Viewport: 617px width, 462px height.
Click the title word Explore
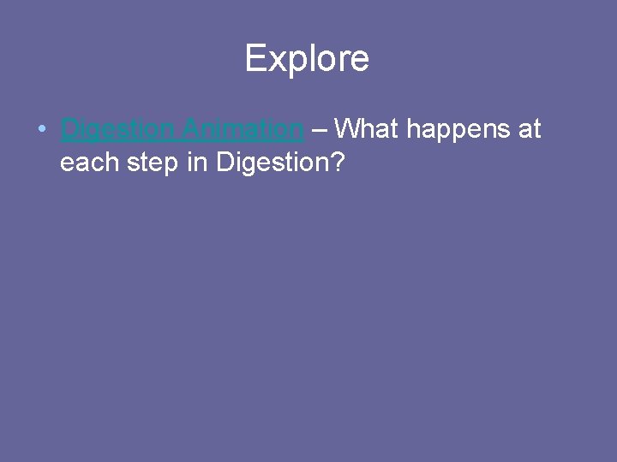[307, 59]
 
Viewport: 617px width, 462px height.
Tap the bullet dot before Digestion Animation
[41, 130]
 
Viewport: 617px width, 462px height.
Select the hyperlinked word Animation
[243, 129]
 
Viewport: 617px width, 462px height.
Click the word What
[367, 129]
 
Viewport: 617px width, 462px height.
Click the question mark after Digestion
[337, 162]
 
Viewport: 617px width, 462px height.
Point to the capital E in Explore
[255, 58]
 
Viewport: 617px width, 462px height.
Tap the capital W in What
[348, 129]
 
